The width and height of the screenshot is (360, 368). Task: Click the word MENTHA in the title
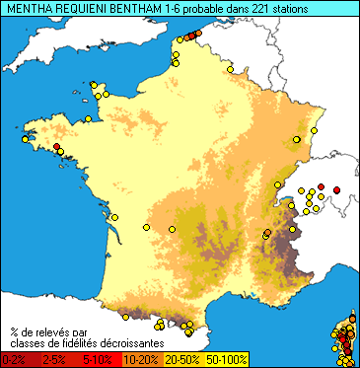(x=28, y=8)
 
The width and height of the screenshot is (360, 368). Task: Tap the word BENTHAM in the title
(x=134, y=8)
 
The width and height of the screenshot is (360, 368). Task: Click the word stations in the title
(x=287, y=8)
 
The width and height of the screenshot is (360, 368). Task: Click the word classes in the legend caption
(x=31, y=340)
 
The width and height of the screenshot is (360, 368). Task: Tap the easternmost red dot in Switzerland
(x=336, y=188)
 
